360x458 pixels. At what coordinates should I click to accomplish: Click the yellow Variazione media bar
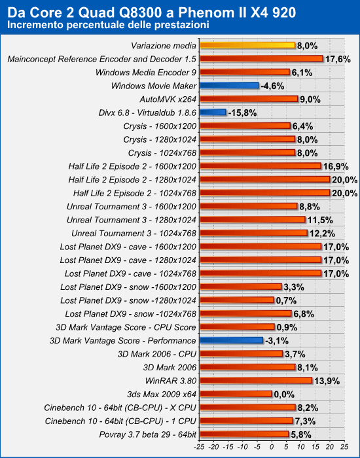247,45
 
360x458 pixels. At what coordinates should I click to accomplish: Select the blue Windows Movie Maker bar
229,86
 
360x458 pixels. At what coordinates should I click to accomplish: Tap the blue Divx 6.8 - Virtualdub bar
213,113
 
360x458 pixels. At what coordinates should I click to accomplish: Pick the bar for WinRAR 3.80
256,381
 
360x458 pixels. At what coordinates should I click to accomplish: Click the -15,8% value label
242,113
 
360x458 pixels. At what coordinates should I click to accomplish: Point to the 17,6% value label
338,59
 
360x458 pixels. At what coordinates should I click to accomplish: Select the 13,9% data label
327,381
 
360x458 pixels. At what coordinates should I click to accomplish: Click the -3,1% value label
277,341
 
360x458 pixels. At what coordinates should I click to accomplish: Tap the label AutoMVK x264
168,99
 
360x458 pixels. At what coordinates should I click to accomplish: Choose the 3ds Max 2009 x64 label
162,395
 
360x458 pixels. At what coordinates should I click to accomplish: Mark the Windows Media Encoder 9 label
146,73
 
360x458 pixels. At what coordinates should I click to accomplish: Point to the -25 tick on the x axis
199,447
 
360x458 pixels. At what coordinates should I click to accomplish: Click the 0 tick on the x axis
272,447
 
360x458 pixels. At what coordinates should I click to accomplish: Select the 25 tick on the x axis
344,447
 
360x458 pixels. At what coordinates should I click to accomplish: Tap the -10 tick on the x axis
243,447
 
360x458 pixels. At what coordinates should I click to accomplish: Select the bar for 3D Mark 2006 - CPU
242,354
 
